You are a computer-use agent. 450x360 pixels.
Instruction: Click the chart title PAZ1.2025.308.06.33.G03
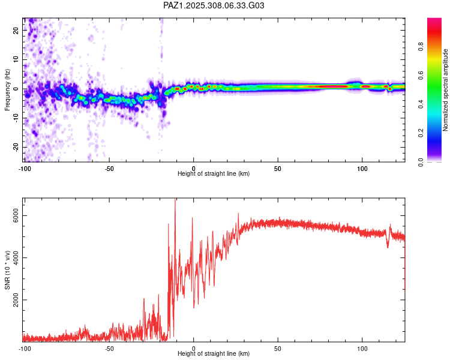tap(214, 5)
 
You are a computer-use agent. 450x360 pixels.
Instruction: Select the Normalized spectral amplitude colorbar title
tap(445, 90)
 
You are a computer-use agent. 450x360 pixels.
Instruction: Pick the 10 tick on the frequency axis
tap(16, 60)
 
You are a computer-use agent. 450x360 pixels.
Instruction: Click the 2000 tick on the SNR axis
tap(16, 300)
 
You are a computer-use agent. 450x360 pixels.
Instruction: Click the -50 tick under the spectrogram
tap(109, 169)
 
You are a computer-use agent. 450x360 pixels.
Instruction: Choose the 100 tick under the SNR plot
tap(362, 349)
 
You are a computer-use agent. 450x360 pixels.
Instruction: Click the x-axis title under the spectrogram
tap(214, 174)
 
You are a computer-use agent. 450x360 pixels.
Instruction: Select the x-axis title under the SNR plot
tap(214, 354)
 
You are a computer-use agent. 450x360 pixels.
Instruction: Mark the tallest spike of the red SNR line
tap(175, 201)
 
